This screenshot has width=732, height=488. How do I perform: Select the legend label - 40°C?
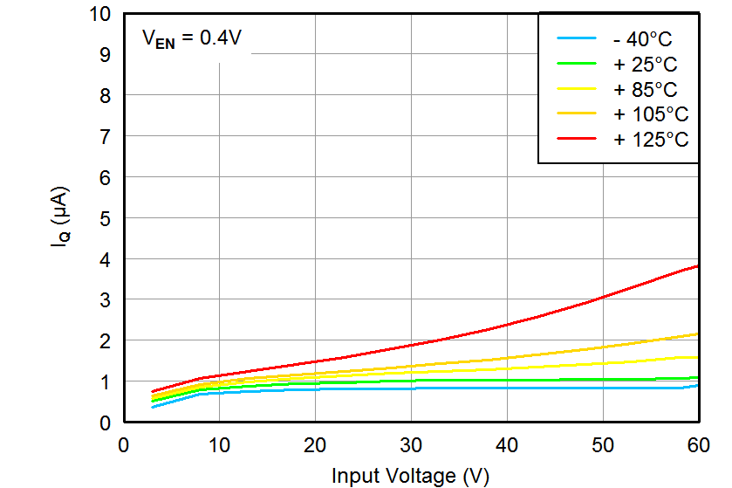click(643, 39)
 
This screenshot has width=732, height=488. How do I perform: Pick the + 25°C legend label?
click(645, 65)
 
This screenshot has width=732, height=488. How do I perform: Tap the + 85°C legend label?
click(645, 89)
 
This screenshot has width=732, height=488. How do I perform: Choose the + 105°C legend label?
click(650, 114)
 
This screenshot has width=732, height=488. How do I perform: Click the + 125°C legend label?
click(650, 139)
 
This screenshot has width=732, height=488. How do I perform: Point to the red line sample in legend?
click(575, 139)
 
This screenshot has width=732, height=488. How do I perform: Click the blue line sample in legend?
click(575, 39)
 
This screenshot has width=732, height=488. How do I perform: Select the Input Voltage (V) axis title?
click(410, 476)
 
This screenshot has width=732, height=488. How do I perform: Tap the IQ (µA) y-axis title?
click(60, 218)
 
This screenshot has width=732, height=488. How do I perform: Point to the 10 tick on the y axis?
click(99, 15)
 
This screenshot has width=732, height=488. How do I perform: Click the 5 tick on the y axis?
click(106, 219)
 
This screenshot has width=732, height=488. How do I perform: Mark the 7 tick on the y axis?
click(106, 137)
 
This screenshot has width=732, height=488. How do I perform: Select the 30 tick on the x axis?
click(410, 444)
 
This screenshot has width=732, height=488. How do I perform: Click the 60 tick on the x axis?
click(698, 444)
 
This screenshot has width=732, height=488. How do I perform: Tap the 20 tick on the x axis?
click(314, 444)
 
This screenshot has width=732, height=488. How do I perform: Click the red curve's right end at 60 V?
click(698, 265)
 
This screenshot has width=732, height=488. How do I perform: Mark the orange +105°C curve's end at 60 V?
click(698, 333)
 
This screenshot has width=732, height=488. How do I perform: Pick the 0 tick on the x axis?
click(124, 444)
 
